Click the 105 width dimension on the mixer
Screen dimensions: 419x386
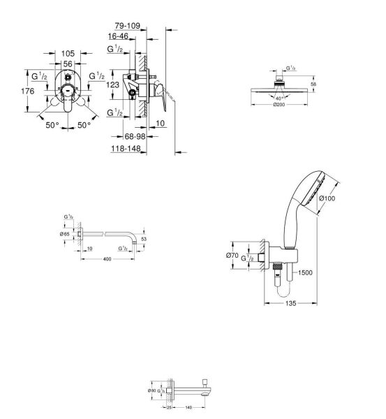68,53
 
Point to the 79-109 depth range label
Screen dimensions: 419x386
128,26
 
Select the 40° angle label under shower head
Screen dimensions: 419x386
279,98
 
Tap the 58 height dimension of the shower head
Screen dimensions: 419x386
313,84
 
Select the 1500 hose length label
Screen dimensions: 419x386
305,274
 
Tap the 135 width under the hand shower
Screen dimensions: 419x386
282,304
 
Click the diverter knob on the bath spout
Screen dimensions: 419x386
203,381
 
